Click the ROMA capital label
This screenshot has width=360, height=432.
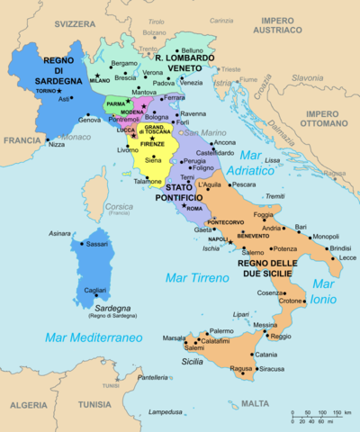(x=194, y=209)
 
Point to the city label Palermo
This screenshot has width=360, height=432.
(x=221, y=331)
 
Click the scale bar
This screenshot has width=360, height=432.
(x=320, y=416)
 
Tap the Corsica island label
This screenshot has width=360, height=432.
(x=120, y=207)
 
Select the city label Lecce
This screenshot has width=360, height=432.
(x=348, y=257)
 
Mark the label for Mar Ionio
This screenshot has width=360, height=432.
(x=322, y=292)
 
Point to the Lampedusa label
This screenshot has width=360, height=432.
(x=166, y=412)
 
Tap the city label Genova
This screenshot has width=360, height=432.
(x=90, y=120)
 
